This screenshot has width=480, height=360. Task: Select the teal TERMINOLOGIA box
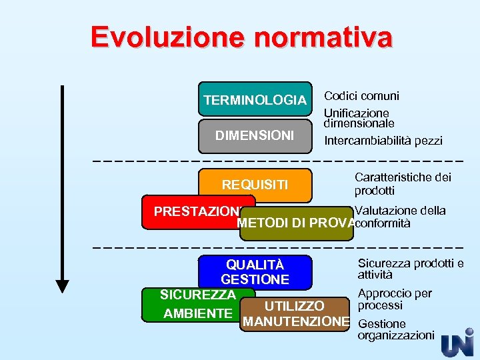pyautogui.click(x=255, y=100)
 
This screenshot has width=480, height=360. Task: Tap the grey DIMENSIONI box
pyautogui.click(x=255, y=135)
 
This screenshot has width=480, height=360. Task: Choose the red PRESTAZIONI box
pyautogui.click(x=197, y=211)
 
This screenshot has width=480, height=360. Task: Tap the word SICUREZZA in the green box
pyautogui.click(x=197, y=295)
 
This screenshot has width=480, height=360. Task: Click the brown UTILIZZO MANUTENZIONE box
pyautogui.click(x=295, y=314)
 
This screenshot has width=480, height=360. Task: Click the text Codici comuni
pyautogui.click(x=361, y=96)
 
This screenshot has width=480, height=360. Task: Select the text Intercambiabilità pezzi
pyautogui.click(x=383, y=141)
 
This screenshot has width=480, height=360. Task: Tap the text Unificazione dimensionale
pyautogui.click(x=359, y=118)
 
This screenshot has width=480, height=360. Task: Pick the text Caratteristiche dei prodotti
pyautogui.click(x=403, y=183)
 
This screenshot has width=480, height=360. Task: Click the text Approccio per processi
pyautogui.click(x=395, y=299)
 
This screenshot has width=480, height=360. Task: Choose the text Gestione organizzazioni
pyautogui.click(x=395, y=329)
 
